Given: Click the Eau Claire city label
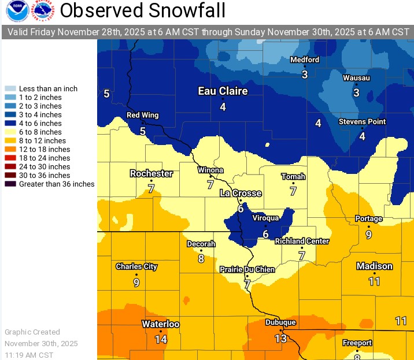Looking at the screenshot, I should tap(223, 91).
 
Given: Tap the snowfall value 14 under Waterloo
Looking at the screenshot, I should tap(161, 339).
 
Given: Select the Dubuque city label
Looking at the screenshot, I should tap(280, 322).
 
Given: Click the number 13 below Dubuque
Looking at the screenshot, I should tap(280, 338).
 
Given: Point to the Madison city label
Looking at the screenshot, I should tap(374, 266).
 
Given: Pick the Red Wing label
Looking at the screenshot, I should tap(142, 116).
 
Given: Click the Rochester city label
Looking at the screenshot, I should tap(151, 173).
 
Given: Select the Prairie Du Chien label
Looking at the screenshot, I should tap(246, 270).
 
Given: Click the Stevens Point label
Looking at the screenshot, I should tap(362, 122).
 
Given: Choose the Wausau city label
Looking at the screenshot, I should tap(356, 77).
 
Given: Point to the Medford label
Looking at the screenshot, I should tap(304, 60).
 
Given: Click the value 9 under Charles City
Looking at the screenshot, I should tap(136, 283).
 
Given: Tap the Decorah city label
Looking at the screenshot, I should tap(201, 244).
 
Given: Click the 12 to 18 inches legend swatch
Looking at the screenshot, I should tap(10, 149).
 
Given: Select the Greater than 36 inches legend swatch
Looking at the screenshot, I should tap(10, 184).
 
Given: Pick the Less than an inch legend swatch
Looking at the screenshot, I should tap(10, 89).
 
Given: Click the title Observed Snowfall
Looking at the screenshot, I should tap(143, 10).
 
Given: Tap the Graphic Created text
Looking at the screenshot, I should tap(32, 332).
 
